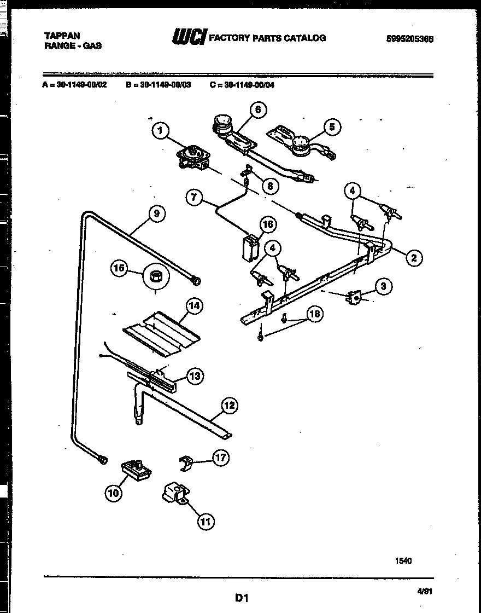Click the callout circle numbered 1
160,130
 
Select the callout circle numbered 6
257,110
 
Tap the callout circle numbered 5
331,128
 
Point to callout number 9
156,214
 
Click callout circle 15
118,268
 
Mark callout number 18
314,314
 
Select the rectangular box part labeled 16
251,248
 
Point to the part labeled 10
136,469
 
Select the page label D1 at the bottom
242,598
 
